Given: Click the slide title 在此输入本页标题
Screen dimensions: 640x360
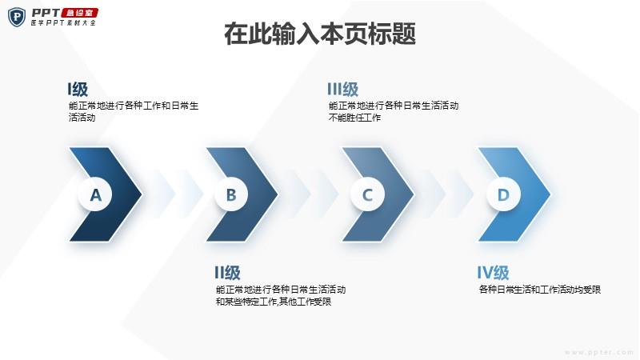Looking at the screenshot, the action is tap(319, 34).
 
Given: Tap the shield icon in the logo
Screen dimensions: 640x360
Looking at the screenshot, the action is tap(17, 17).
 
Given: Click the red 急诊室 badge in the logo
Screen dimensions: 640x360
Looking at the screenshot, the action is tap(81, 13).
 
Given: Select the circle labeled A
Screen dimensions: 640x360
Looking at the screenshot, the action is tap(95, 194).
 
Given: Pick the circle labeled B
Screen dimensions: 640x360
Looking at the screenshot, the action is tap(231, 194).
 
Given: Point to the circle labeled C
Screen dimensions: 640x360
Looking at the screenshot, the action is tap(367, 194).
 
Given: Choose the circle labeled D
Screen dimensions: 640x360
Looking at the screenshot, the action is tap(503, 194).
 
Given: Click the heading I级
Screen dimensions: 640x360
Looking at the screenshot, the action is tap(78, 89).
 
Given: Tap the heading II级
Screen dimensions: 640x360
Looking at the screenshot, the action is tap(227, 273).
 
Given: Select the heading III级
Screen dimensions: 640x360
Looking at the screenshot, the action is tap(343, 89).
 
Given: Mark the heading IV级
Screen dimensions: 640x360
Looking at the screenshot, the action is tap(493, 273).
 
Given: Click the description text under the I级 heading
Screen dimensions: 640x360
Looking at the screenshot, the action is tap(134, 111).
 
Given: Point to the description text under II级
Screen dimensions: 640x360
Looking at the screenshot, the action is tap(281, 295).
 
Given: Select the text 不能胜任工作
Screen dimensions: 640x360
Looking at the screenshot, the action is tap(354, 118).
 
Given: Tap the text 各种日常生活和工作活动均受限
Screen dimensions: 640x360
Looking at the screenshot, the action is tap(539, 290).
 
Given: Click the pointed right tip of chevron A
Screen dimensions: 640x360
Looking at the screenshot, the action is tap(142, 194).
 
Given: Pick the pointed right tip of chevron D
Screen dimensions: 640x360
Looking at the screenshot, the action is tap(550, 194).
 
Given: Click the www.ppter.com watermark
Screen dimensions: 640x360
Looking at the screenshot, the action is tap(598, 352).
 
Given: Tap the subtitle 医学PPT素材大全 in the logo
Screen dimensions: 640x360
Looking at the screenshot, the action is tap(63, 23).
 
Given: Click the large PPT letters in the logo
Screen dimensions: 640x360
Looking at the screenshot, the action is tap(46, 13).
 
